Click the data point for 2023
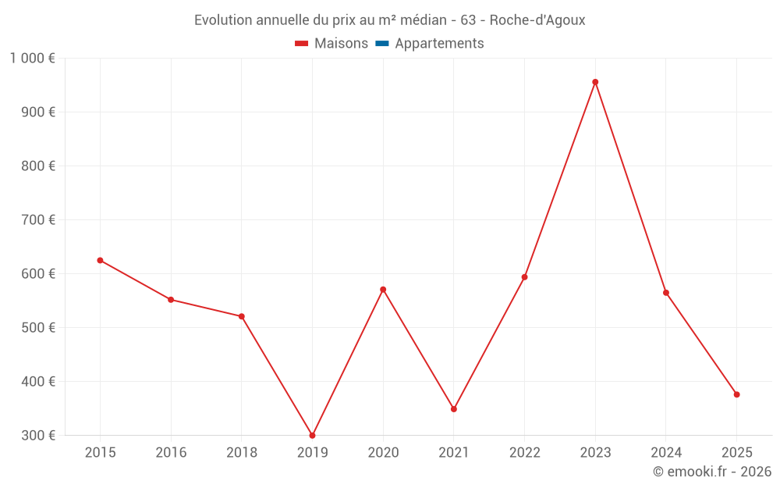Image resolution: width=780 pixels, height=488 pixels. [x=595, y=82]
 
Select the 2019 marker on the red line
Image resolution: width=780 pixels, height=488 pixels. [x=312, y=435]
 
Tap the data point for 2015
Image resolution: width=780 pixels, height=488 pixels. [x=100, y=260]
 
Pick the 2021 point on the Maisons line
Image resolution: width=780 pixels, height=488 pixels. [x=454, y=409]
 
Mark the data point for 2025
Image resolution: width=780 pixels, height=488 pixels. [x=736, y=394]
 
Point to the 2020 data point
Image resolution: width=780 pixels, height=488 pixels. [x=383, y=290]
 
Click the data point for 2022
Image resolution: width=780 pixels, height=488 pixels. [x=524, y=277]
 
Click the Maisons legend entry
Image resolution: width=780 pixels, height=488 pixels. [x=341, y=44]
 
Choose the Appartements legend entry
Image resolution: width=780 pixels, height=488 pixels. [x=439, y=44]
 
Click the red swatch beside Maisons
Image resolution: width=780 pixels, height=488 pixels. [x=302, y=44]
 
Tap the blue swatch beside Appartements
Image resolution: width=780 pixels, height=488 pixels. [x=382, y=44]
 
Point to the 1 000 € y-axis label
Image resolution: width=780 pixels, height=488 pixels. [x=33, y=58]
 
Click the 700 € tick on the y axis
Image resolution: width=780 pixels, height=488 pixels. [x=40, y=220]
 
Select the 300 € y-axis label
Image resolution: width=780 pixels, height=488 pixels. [x=40, y=436]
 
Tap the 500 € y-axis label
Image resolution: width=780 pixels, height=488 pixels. [x=40, y=328]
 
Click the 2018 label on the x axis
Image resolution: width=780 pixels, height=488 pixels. [x=242, y=453]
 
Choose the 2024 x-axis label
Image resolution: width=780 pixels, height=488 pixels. [x=665, y=453]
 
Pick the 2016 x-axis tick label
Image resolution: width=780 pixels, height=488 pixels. [x=171, y=453]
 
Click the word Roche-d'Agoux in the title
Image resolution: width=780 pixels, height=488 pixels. [x=537, y=20]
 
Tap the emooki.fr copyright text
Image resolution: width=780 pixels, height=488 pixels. [x=712, y=472]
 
